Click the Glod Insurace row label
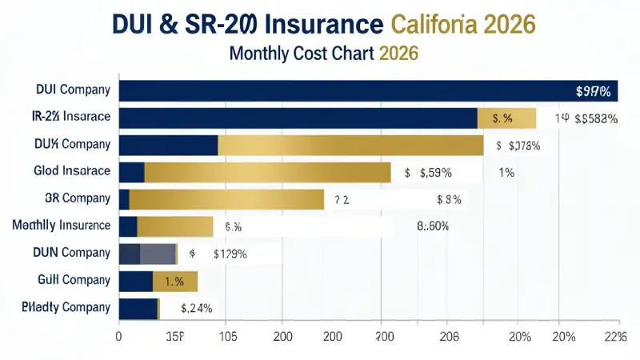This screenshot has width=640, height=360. (x=72, y=171)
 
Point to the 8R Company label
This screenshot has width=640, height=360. (x=74, y=198)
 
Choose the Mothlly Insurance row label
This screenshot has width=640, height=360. (x=62, y=226)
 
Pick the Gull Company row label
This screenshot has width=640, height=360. (x=74, y=280)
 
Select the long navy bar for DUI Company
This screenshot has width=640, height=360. (x=344, y=90)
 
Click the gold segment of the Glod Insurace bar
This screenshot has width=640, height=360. (x=267, y=172)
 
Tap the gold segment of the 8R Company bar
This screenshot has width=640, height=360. (x=226, y=199)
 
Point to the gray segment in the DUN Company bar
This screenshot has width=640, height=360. (x=158, y=254)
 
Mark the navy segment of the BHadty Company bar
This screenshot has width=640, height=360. (x=138, y=308)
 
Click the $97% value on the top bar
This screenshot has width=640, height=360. (x=593, y=91)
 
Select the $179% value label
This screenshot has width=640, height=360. (x=229, y=254)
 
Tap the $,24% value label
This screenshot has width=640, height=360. (x=196, y=308)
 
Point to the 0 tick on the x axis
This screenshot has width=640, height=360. (x=119, y=336)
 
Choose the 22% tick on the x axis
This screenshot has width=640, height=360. (x=614, y=336)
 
